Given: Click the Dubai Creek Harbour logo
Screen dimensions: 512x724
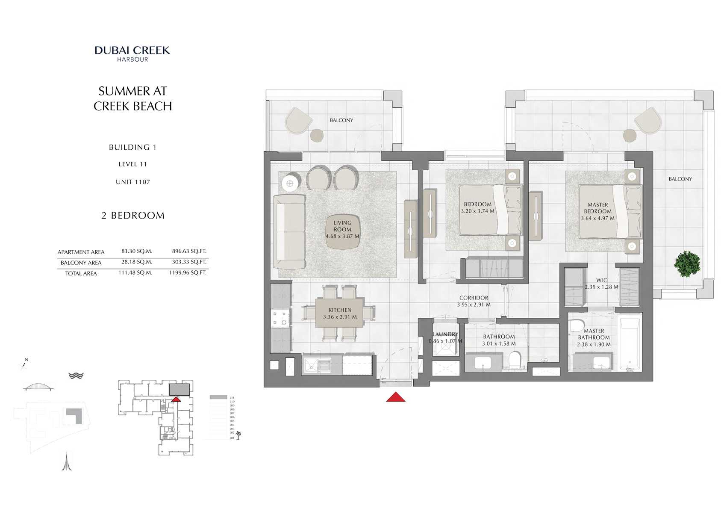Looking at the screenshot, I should tap(132, 53).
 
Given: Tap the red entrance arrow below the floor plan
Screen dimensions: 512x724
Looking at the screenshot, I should tap(395, 397).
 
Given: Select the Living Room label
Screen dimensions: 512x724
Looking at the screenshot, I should tap(342, 226).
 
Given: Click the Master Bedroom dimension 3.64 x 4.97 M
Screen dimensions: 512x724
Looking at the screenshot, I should tap(597, 218).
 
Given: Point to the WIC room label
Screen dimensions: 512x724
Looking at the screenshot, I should tap(601, 280).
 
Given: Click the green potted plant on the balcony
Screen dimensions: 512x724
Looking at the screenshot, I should tap(687, 264).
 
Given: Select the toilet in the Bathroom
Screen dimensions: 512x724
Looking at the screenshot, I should tap(515, 359).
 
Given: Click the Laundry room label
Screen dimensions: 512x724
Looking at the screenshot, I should tap(445, 334).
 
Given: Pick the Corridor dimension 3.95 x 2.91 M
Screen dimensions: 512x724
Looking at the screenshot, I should tap(474, 305).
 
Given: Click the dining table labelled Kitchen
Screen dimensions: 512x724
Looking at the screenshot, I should tap(340, 313).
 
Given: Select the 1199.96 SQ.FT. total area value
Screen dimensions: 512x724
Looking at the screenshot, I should tap(188, 272).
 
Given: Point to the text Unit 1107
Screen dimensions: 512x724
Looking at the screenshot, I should tap(132, 182).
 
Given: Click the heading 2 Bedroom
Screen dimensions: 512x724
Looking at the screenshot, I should tap(132, 216).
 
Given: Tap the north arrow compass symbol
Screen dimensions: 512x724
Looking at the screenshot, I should tap(24, 364).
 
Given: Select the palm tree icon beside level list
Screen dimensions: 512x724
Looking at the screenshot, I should tap(238, 435).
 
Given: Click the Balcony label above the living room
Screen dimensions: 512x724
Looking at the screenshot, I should tap(341, 120).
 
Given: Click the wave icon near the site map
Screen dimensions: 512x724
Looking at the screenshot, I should tap(76, 376).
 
